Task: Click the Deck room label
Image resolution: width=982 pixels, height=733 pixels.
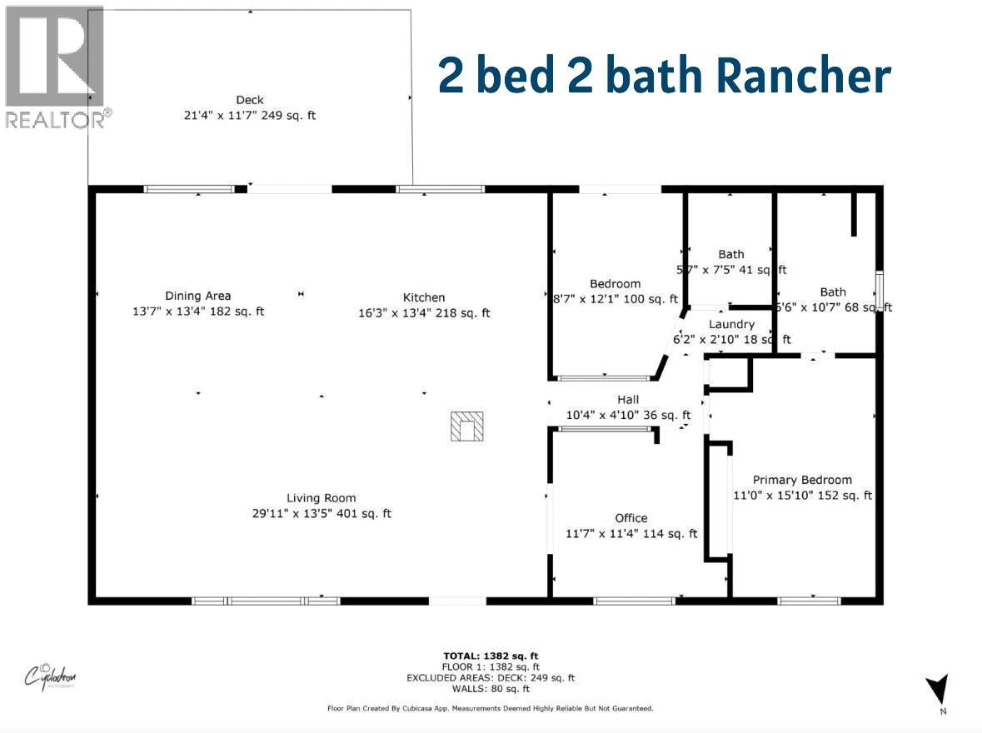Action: tap(250, 100)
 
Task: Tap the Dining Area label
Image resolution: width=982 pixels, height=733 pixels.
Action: tap(197, 296)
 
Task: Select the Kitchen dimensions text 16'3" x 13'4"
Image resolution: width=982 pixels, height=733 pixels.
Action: tap(424, 313)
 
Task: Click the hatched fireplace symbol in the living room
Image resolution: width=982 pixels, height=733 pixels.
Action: tap(467, 426)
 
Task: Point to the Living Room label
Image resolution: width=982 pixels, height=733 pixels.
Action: tap(322, 497)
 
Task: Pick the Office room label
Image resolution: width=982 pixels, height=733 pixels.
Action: tap(631, 518)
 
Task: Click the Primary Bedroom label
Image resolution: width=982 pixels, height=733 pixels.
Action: tap(802, 480)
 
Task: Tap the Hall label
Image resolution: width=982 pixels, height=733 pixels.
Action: tap(628, 400)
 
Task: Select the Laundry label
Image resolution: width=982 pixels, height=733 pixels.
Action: tap(731, 324)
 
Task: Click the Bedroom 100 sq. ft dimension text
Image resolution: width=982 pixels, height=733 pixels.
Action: tap(616, 299)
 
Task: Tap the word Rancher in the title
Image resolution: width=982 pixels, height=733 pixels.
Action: tap(803, 76)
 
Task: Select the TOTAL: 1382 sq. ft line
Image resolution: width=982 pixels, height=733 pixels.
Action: tap(490, 656)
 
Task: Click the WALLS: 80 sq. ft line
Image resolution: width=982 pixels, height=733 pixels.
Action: tap(490, 689)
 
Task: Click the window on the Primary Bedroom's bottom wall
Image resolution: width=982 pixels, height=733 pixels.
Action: tap(809, 600)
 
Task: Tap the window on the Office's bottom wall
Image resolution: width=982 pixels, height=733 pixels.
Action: tap(634, 600)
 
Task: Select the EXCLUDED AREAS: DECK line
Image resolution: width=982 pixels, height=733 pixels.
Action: tap(490, 678)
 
